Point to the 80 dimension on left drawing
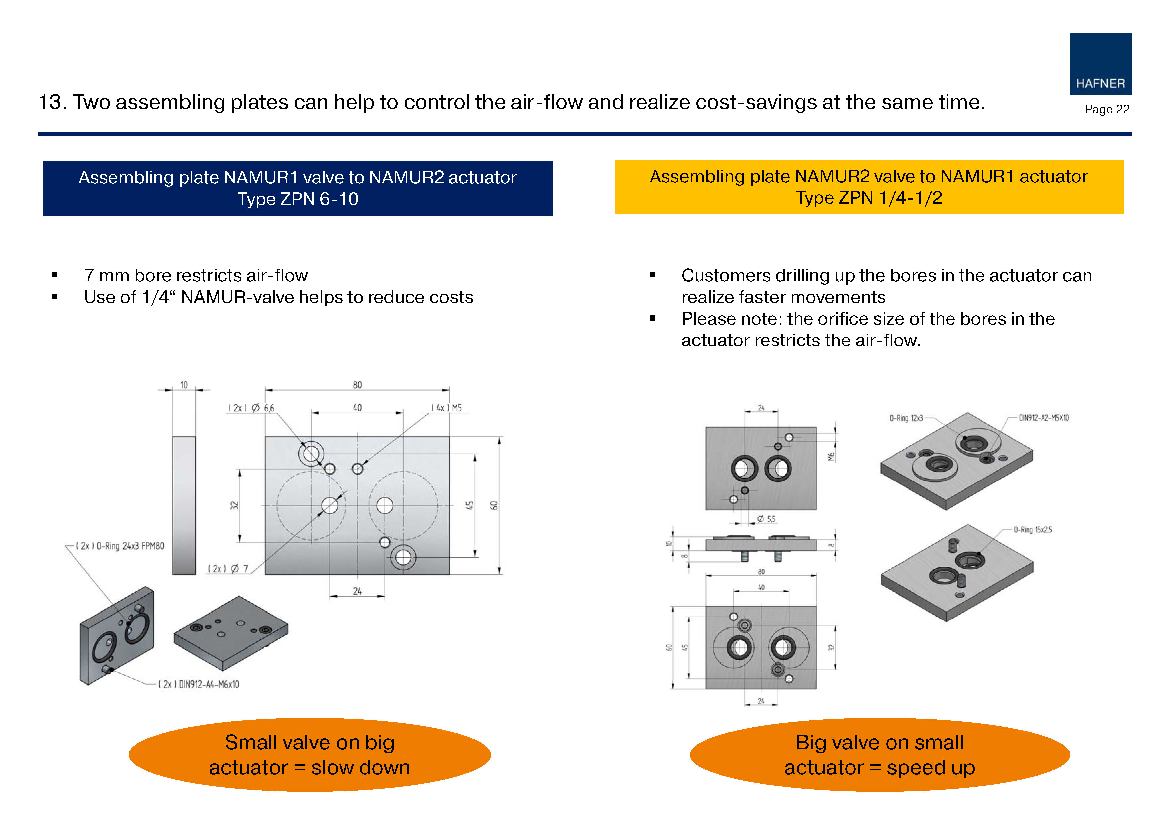point(357,385)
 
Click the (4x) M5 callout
point(446,408)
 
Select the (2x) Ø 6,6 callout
point(252,408)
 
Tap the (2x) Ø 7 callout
point(228,568)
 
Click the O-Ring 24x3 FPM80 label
point(120,546)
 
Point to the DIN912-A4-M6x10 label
point(199,684)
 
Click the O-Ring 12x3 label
point(906,418)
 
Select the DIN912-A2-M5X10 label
point(1044,418)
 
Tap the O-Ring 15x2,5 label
point(1032,530)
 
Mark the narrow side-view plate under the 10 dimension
point(184,505)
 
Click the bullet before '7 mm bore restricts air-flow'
point(55,275)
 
